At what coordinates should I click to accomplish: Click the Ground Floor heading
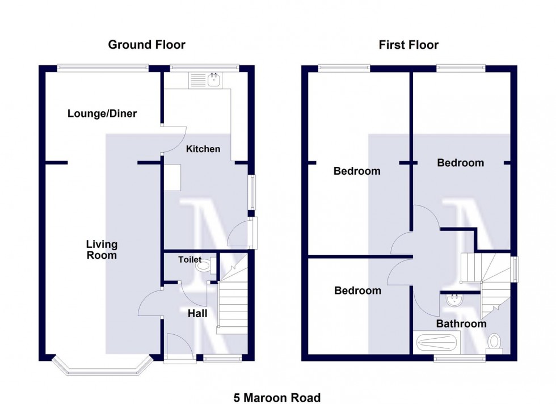146,45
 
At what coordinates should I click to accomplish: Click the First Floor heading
408,45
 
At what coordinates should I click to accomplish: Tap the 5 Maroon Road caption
277,398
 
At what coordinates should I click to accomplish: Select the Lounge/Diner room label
102,113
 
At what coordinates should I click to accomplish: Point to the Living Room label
102,250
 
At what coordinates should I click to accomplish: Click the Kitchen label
203,149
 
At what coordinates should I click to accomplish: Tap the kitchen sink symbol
214,81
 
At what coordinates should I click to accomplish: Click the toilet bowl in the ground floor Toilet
201,264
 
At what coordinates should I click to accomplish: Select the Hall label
198,313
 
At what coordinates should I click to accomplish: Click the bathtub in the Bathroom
438,342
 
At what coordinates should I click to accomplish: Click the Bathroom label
461,324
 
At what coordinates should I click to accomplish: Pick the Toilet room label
189,260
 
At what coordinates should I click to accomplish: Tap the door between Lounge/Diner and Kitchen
174,140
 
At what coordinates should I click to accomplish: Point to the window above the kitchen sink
205,68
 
